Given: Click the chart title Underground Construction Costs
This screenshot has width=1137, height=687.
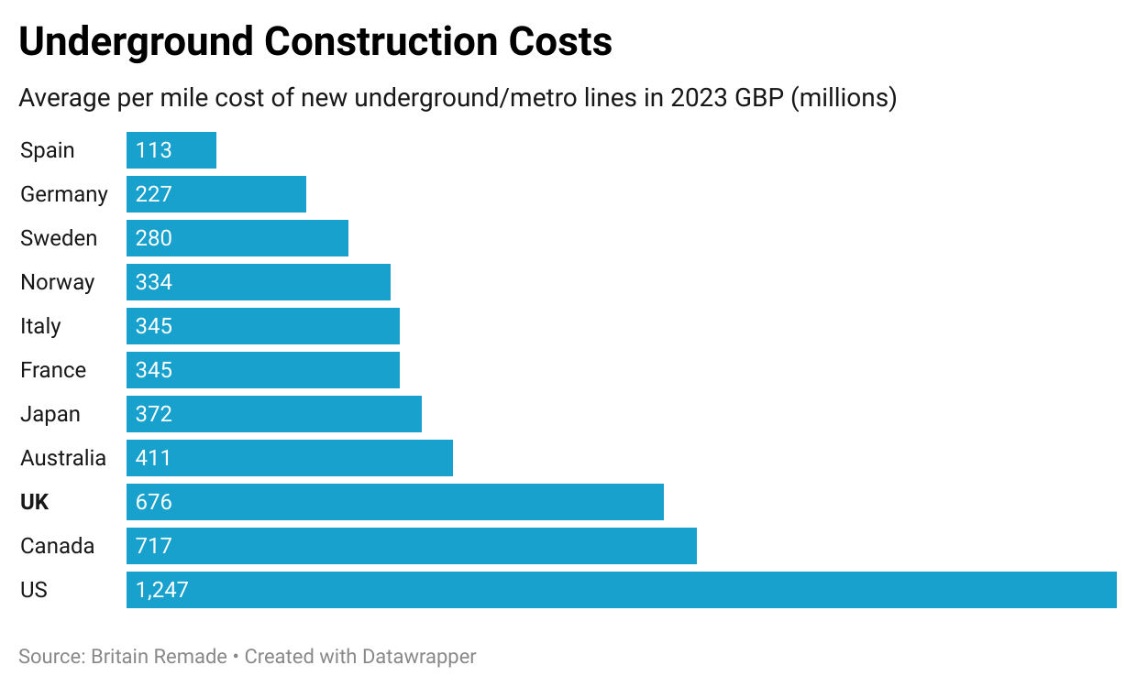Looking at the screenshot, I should (315, 42).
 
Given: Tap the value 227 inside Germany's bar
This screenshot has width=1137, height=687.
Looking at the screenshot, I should (153, 194).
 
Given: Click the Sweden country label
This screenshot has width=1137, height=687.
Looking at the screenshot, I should (59, 238).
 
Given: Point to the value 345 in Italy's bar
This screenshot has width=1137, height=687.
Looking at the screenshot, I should (153, 326).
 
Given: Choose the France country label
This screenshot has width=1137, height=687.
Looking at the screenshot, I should (53, 370).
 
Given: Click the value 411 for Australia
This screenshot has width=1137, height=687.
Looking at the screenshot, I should (153, 458).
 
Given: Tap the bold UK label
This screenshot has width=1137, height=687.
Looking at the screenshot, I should (35, 502).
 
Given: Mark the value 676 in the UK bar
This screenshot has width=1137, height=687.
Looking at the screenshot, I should (153, 502).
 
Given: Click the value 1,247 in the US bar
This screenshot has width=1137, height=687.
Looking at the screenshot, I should (161, 590).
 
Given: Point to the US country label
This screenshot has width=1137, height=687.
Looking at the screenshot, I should (34, 590).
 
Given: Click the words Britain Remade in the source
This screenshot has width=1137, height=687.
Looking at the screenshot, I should (159, 657).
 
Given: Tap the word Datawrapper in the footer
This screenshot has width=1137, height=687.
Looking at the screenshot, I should (419, 657).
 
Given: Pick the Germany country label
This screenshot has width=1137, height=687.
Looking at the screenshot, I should (64, 194).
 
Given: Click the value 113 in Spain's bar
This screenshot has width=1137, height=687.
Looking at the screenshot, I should (153, 150).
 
